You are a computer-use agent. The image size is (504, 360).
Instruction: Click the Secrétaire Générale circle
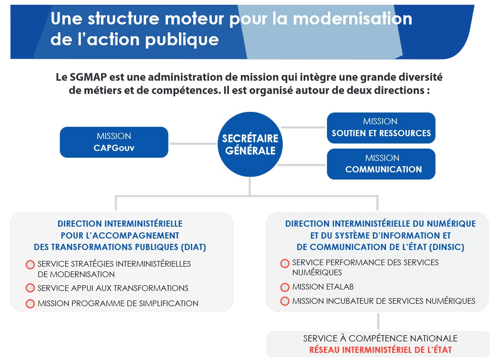tap(250, 144)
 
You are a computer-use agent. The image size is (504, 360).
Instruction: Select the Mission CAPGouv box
tap(114, 142)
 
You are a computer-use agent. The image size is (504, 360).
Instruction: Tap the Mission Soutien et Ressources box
tap(381, 128)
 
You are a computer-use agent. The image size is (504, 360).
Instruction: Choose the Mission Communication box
tap(381, 164)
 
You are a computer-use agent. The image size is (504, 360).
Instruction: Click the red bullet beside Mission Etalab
tap(285, 287)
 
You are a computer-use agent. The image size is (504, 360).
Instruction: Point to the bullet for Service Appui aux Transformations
tap(30, 288)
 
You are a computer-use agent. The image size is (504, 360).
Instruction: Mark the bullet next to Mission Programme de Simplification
tap(30, 303)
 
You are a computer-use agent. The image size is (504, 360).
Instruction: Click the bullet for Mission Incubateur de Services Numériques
tap(285, 301)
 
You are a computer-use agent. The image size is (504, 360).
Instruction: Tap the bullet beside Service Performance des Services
tap(285, 263)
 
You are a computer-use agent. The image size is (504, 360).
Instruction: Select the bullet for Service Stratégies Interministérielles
tap(30, 264)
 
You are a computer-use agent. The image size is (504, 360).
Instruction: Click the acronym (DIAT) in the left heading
tap(193, 247)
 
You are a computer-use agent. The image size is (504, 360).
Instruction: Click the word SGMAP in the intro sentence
tap(88, 77)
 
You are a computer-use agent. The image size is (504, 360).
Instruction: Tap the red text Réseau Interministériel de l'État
tap(381, 350)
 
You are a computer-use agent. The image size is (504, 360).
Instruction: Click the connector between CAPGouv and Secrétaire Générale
tap(193, 143)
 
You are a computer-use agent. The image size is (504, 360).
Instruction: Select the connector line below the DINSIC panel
tap(378, 321)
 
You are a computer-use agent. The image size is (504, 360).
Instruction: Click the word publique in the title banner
tap(182, 40)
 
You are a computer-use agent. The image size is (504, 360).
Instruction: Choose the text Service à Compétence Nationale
tap(380, 338)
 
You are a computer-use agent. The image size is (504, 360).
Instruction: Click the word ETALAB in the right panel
tap(336, 287)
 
